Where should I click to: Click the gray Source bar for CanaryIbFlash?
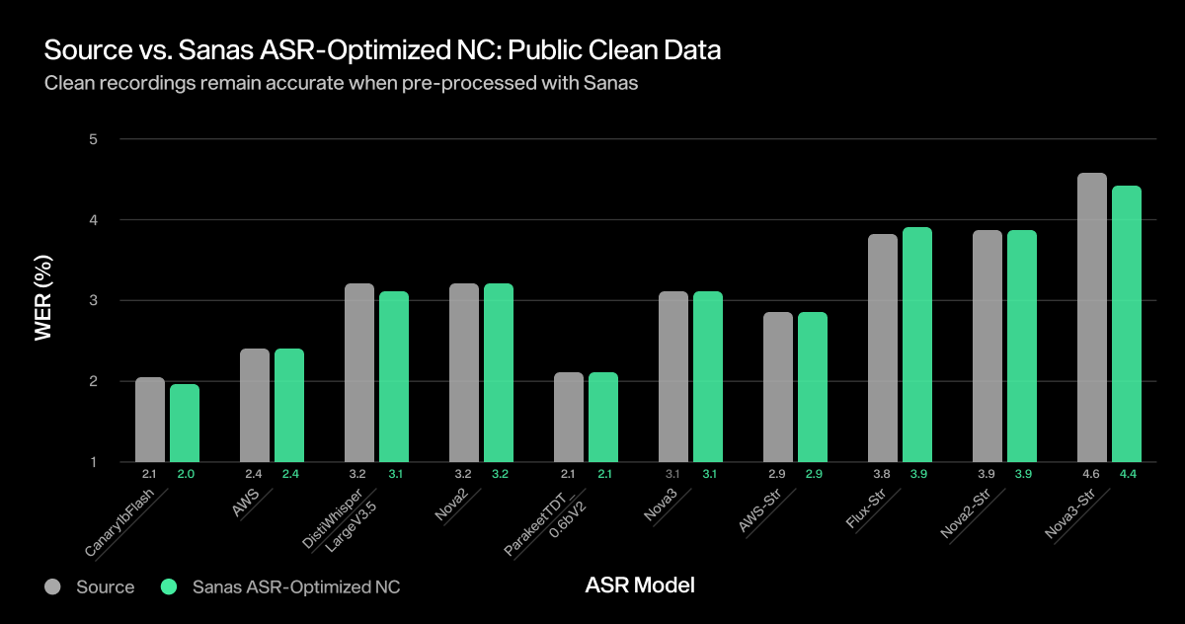(150, 420)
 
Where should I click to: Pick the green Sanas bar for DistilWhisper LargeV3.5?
(394, 376)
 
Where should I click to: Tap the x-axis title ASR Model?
(640, 585)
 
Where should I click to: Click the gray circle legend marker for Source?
(53, 586)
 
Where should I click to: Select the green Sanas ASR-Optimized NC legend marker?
(169, 586)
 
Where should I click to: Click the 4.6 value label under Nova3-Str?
(1092, 475)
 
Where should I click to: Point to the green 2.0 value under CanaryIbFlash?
(185, 475)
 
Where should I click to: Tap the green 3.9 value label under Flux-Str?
(917, 475)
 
